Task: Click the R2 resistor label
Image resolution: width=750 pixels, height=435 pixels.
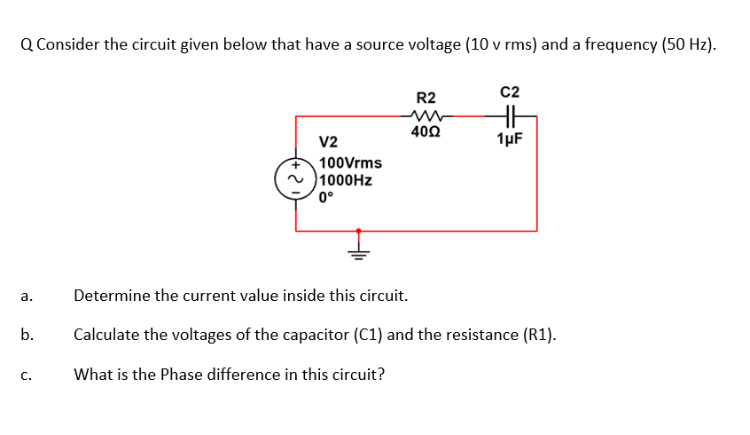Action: pos(426,97)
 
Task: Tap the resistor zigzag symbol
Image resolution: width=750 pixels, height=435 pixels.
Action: pos(426,115)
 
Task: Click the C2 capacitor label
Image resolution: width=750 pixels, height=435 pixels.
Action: pos(510,91)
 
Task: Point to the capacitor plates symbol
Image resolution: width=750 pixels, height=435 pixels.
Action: pos(510,115)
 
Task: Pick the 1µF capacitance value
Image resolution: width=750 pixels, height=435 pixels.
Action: pos(510,138)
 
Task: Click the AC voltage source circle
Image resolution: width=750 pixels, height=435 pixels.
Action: pos(295,178)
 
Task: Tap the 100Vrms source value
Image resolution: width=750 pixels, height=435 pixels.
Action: pos(351,162)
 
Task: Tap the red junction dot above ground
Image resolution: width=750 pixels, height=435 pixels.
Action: pos(359,231)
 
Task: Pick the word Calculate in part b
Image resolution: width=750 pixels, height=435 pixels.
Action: pos(105,335)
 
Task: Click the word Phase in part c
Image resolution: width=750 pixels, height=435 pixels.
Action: pos(180,374)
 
